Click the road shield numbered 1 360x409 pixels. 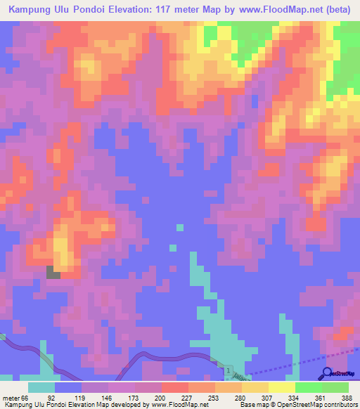click(x=229, y=370)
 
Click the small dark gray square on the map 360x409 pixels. click(x=53, y=272)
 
